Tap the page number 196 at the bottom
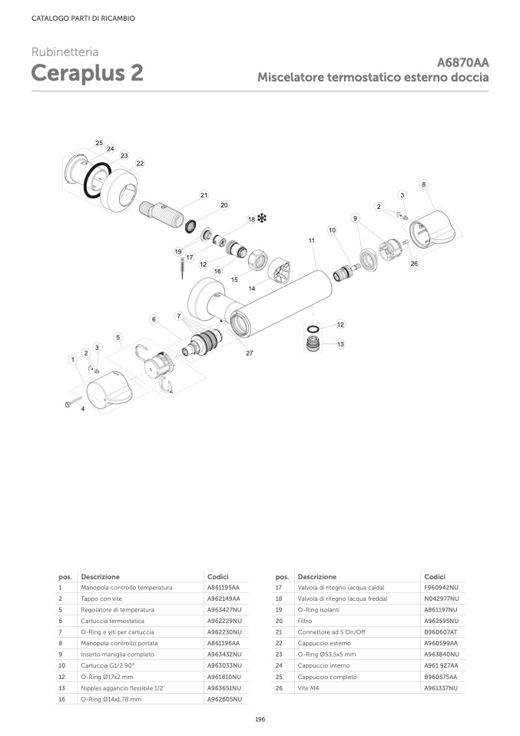(x=260, y=718)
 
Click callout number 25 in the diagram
(x=99, y=144)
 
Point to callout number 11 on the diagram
(x=312, y=240)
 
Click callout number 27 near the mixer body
(x=250, y=353)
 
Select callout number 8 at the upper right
(x=424, y=184)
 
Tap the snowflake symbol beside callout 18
(x=260, y=219)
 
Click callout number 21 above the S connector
(x=204, y=195)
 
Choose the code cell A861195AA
(x=224, y=588)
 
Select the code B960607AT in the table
(x=440, y=632)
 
